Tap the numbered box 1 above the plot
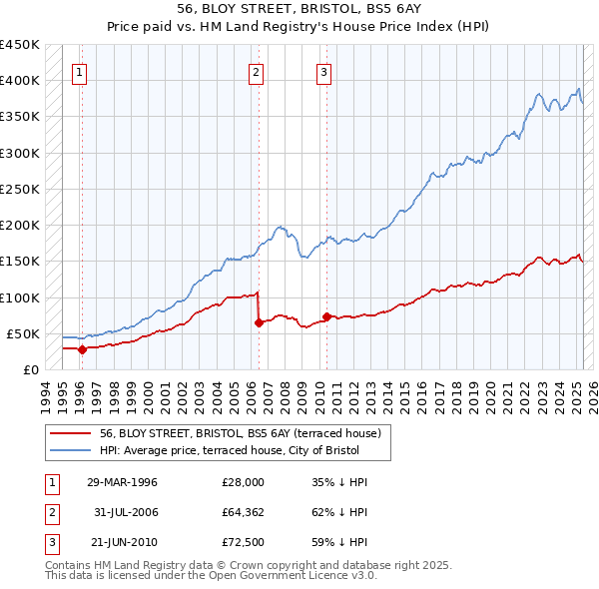click(x=79, y=71)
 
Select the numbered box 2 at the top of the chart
click(x=257, y=71)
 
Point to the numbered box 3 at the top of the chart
click(x=324, y=71)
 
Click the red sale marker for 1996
click(x=82, y=349)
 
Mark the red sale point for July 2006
click(x=259, y=322)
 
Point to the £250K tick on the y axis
click(x=19, y=189)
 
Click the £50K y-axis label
click(x=23, y=333)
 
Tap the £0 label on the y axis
click(x=31, y=369)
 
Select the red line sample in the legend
click(x=71, y=433)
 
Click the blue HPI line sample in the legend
click(x=71, y=450)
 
